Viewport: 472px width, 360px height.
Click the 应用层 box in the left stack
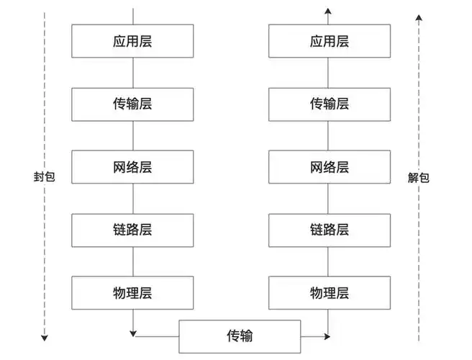click(x=132, y=40)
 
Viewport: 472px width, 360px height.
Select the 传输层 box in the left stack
click(x=132, y=104)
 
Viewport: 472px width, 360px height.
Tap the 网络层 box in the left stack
click(x=132, y=167)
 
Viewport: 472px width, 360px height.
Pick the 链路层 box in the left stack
click(x=132, y=230)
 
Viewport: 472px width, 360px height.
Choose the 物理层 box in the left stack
click(x=132, y=292)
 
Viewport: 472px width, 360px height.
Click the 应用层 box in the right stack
click(x=329, y=40)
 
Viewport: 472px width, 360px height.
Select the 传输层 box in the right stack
click(x=329, y=104)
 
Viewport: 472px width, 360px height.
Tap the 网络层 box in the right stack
click(x=329, y=167)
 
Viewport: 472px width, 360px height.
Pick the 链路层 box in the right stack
click(x=329, y=230)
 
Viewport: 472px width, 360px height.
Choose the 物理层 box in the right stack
click(x=329, y=292)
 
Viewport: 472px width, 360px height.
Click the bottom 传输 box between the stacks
click(x=239, y=336)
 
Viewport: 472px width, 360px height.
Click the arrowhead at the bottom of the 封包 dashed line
click(x=44, y=337)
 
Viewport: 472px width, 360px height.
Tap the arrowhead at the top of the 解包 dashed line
click(x=419, y=16)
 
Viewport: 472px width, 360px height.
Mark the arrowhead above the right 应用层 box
click(x=328, y=10)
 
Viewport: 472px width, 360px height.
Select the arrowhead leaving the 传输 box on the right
click(x=327, y=336)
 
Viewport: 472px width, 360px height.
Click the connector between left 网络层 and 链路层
click(x=132, y=198)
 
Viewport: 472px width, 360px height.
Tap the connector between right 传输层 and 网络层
click(x=329, y=135)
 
